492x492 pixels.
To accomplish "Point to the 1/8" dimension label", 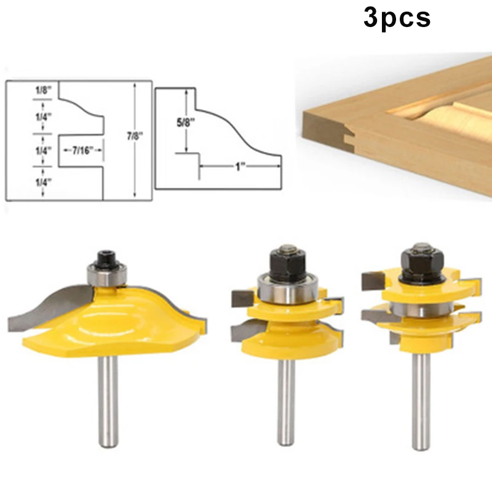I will click(x=44, y=90).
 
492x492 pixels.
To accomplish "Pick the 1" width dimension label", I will click(x=239, y=165).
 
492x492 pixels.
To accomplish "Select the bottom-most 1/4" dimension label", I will click(x=44, y=183).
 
